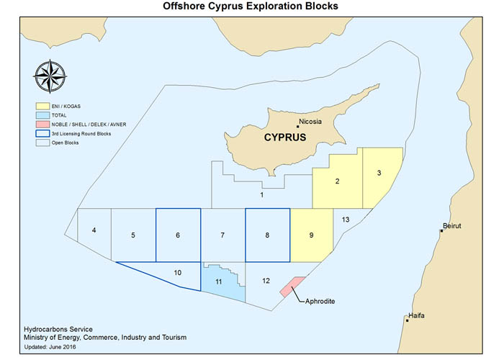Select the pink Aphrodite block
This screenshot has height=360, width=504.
point(292,286)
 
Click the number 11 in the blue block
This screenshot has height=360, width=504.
point(217,282)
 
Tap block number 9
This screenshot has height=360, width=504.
point(310,235)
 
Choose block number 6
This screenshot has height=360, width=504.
point(178,235)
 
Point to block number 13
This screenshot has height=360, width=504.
point(346,219)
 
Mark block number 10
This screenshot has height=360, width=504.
point(178,273)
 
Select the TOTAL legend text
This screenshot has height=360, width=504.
point(62,114)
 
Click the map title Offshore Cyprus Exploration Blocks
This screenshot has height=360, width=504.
point(251,7)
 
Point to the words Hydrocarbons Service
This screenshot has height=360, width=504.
point(51,327)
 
